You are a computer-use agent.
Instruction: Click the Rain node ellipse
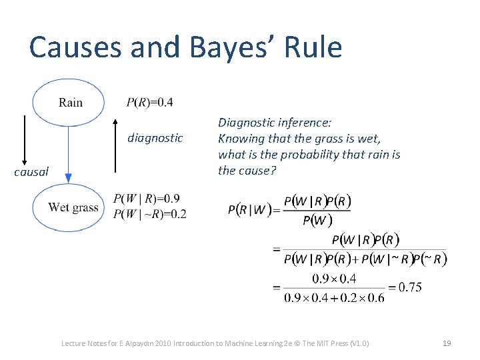[x=69, y=103]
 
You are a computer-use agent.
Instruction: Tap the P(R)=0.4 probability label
[x=149, y=102]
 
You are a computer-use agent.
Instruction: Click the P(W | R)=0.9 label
[x=146, y=199]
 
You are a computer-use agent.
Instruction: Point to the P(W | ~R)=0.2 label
[x=150, y=213]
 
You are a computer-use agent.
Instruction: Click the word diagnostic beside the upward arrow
[x=155, y=138]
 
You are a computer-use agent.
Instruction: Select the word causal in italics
[x=31, y=172]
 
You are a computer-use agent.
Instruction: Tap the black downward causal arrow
[x=25, y=140]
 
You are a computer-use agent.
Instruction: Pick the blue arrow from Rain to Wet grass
[x=68, y=153]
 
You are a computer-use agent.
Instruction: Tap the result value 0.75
[x=406, y=287]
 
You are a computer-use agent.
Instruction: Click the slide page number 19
[x=447, y=343]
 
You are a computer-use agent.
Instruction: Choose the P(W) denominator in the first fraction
[x=317, y=221]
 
